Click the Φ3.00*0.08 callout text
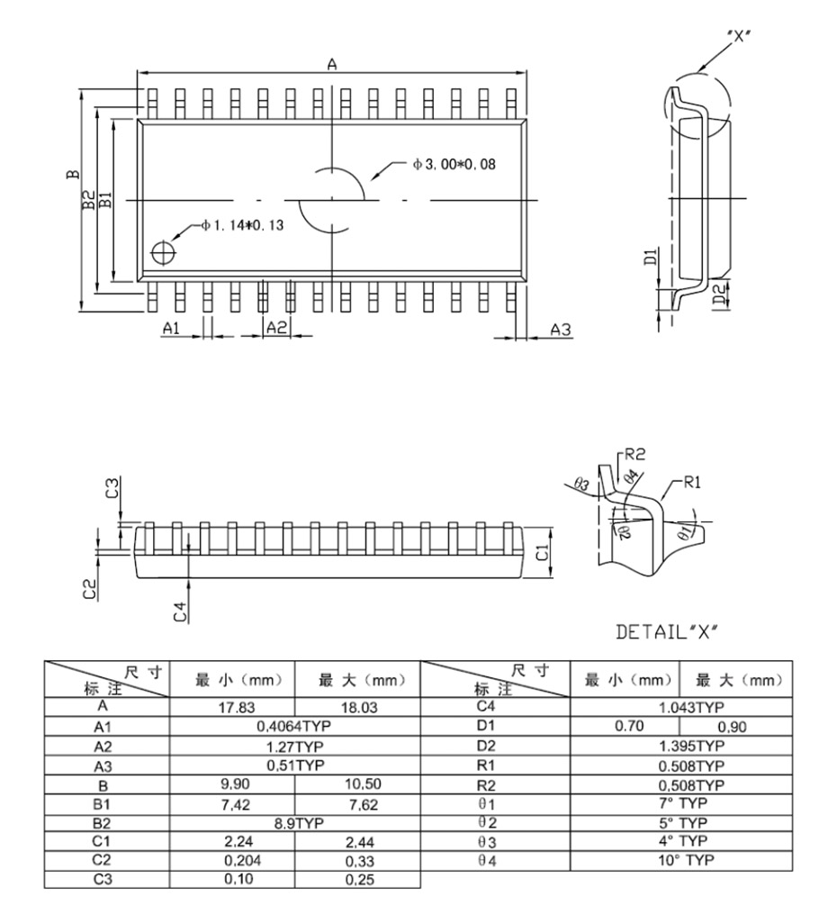(x=454, y=164)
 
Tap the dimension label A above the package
(x=331, y=64)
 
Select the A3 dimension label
(x=561, y=330)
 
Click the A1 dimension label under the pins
(x=172, y=329)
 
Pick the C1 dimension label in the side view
(x=543, y=551)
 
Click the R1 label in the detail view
(x=691, y=482)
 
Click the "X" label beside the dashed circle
(x=739, y=36)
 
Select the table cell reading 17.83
(x=231, y=708)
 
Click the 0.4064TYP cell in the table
(x=293, y=726)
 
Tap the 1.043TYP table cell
(x=691, y=708)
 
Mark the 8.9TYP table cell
(x=293, y=823)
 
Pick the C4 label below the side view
(x=180, y=611)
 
